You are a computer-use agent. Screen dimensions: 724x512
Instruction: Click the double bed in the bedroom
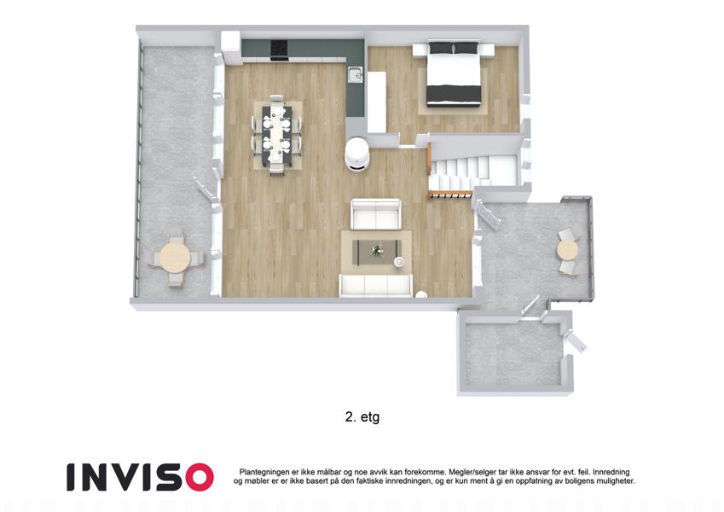click(x=454, y=74)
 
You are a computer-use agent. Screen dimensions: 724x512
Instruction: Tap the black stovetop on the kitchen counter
click(x=278, y=49)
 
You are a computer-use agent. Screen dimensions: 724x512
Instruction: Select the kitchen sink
click(x=355, y=74)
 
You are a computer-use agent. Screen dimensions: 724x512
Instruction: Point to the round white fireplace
click(x=357, y=154)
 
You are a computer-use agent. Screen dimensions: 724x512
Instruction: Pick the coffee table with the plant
click(x=377, y=253)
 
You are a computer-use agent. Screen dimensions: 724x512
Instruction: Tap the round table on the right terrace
click(x=566, y=251)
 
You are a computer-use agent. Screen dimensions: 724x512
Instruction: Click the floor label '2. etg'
click(x=362, y=417)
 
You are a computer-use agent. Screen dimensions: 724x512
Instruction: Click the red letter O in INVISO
click(x=199, y=477)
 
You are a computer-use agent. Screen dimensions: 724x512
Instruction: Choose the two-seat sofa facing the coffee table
click(x=375, y=214)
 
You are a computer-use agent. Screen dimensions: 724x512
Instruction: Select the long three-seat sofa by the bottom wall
click(x=375, y=285)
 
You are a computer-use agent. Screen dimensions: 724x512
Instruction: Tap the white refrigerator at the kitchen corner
click(x=230, y=47)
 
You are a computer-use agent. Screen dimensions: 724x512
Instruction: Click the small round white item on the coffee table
click(x=398, y=263)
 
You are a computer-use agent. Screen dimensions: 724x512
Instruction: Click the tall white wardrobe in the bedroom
click(x=377, y=102)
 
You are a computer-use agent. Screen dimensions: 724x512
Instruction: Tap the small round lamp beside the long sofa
click(x=420, y=294)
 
